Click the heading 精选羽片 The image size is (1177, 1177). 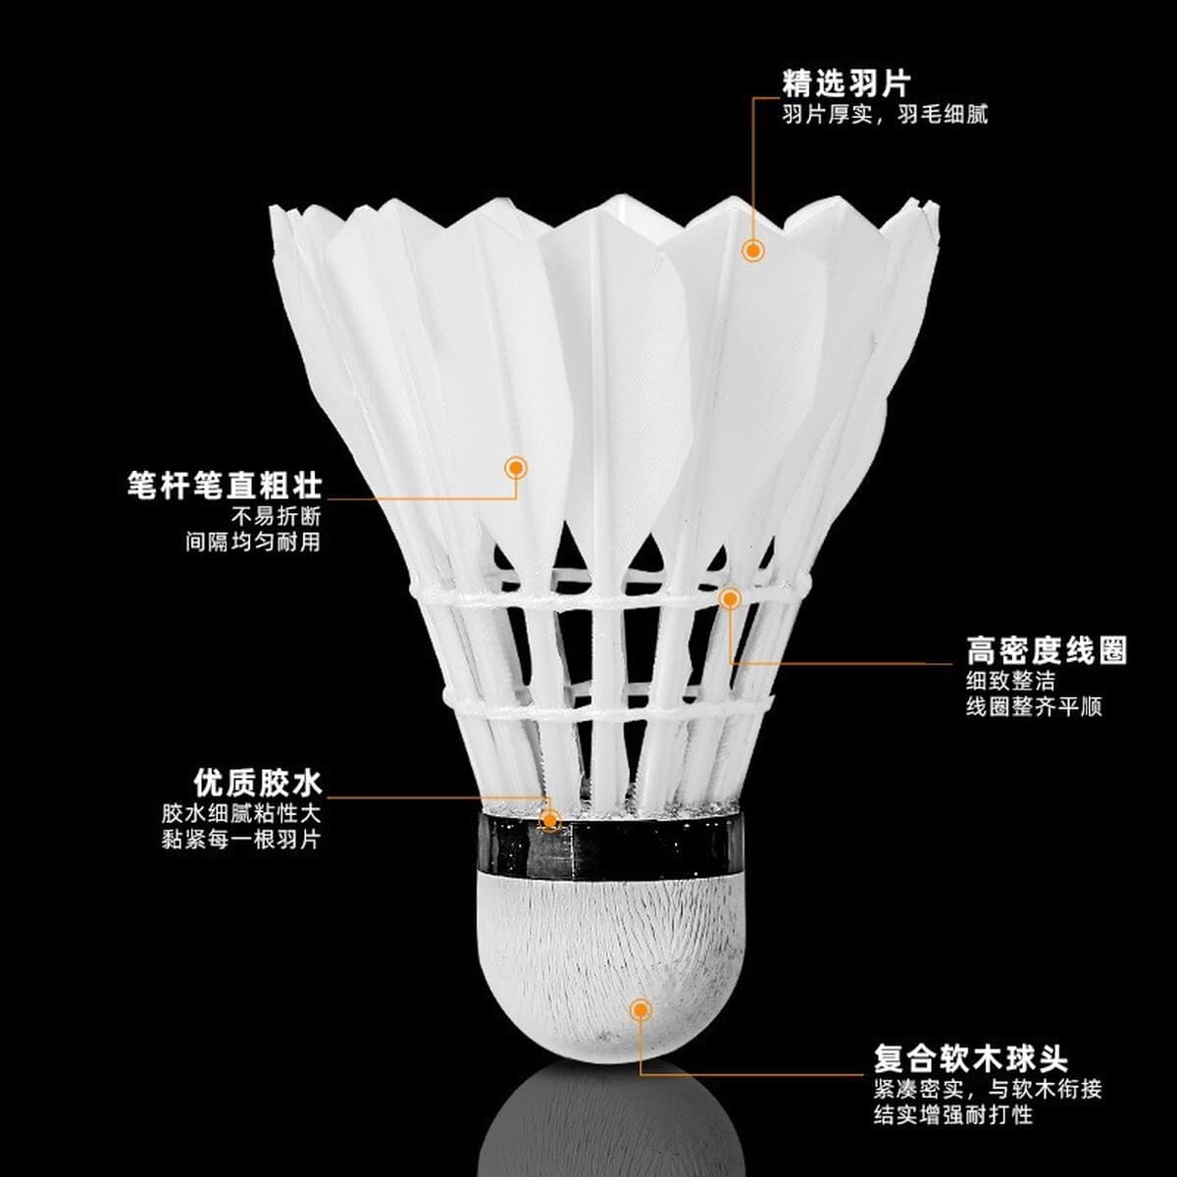tap(846, 82)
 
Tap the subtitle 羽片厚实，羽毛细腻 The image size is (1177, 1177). tap(885, 115)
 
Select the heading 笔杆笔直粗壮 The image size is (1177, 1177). tap(225, 485)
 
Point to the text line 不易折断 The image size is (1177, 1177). tap(276, 516)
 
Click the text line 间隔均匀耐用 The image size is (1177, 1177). tap(253, 541)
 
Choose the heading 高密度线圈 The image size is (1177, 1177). tap(1047, 650)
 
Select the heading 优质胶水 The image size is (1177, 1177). tap(257, 783)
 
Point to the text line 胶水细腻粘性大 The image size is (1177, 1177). tap(241, 813)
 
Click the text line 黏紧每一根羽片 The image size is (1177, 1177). tap(241, 840)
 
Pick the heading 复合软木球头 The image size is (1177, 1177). tap(971, 1042)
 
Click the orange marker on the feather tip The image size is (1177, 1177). tap(753, 250)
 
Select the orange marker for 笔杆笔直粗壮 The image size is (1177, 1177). tap(516, 469)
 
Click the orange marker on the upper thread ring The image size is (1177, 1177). tap(730, 599)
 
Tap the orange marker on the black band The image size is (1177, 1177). tap(549, 820)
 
